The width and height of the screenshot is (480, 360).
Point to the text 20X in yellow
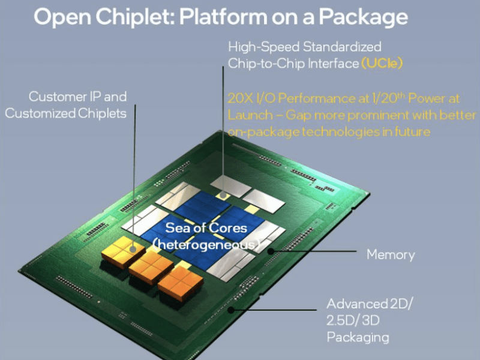pyautogui.click(x=240, y=98)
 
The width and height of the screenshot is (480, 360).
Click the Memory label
pyautogui.click(x=391, y=254)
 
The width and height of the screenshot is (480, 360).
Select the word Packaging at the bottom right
pyautogui.click(x=358, y=337)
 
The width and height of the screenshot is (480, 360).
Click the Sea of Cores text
pyautogui.click(x=206, y=228)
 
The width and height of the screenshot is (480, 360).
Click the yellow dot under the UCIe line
pyautogui.click(x=223, y=194)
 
